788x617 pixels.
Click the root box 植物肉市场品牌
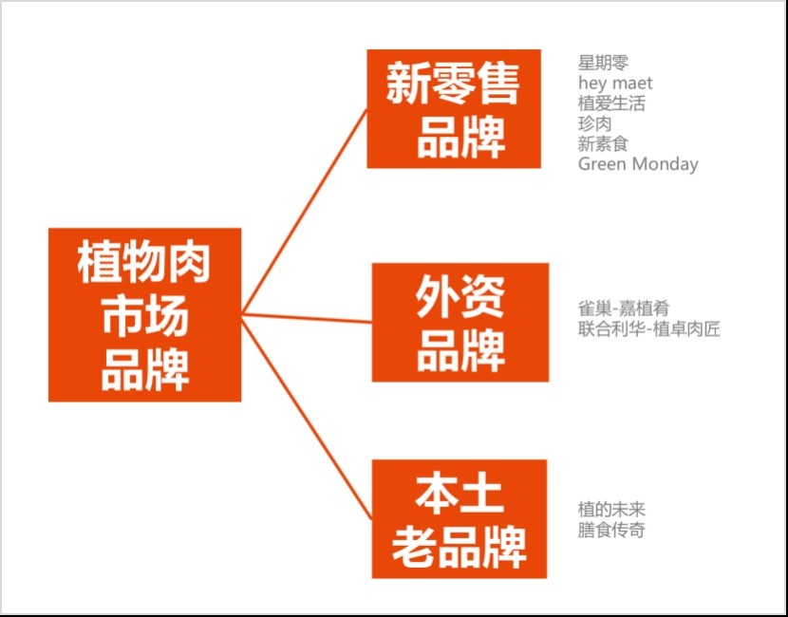(x=144, y=314)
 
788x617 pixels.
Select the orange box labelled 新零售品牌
(x=454, y=108)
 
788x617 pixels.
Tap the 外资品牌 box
(x=460, y=322)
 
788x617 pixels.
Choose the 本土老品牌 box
(x=459, y=518)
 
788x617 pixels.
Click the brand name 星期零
(x=603, y=64)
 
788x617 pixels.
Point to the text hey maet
(x=615, y=84)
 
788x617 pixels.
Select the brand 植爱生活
(x=611, y=103)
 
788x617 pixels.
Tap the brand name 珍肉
(x=594, y=123)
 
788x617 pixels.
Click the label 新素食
(x=603, y=143)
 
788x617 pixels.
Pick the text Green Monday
(x=638, y=163)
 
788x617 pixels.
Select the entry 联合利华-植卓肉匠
(x=649, y=329)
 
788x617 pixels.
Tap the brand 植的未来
(x=611, y=510)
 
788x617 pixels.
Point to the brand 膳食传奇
(x=611, y=530)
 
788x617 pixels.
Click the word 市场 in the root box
(x=144, y=315)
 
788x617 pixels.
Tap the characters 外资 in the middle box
(x=460, y=299)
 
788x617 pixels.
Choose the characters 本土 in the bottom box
(x=459, y=495)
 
